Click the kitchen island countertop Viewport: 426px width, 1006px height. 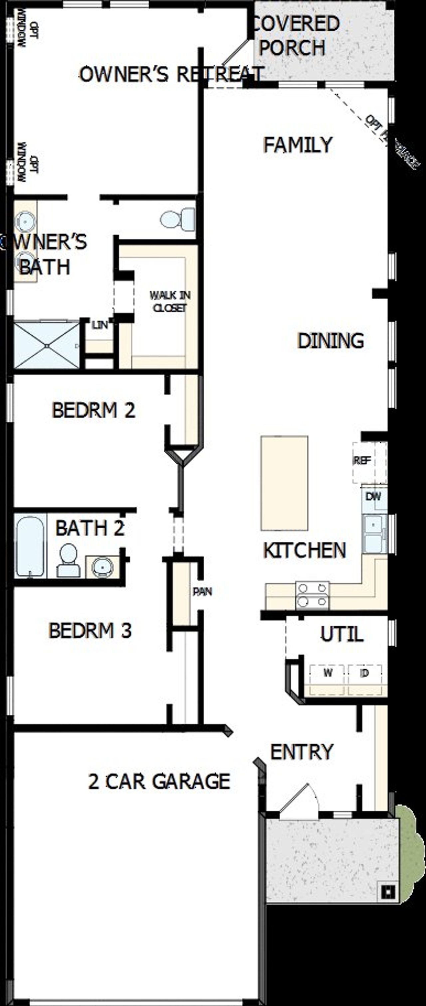(284, 483)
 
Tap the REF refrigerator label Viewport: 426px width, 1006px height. (362, 461)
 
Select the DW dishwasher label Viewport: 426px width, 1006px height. (373, 497)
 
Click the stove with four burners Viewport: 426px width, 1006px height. (312, 596)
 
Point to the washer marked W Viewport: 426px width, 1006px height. (328, 673)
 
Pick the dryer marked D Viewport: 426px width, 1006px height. (365, 673)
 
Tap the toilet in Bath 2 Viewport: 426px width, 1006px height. (69, 560)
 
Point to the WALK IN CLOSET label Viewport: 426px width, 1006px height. (170, 301)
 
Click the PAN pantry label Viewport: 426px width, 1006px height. (202, 592)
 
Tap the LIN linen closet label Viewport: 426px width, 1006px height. (100, 324)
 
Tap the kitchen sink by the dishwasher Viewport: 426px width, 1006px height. (374, 533)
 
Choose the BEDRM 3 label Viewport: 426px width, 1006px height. (90, 630)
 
